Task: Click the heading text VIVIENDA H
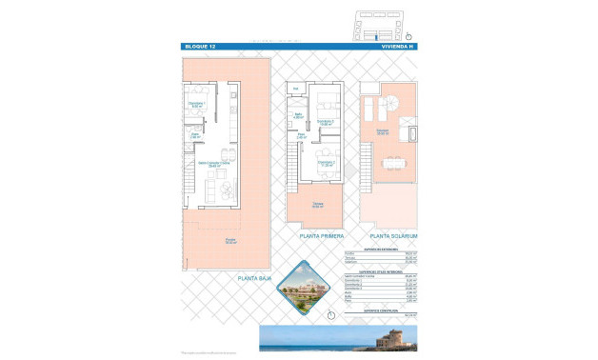tap(397, 46)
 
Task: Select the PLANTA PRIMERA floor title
tap(322, 234)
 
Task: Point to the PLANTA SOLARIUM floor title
tap(394, 234)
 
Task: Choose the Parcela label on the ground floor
tap(230, 241)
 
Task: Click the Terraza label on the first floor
tap(318, 205)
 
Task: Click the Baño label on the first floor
tap(298, 116)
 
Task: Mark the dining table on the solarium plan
tap(391, 164)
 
